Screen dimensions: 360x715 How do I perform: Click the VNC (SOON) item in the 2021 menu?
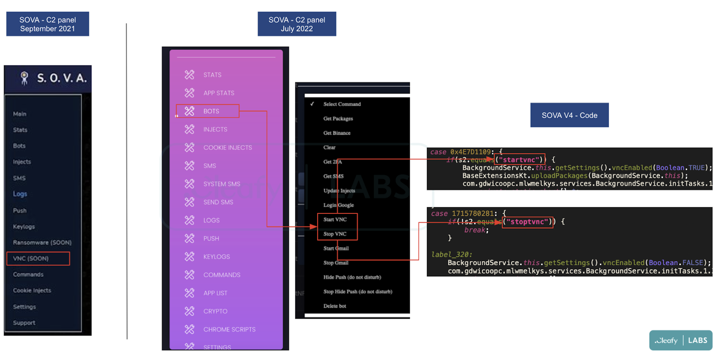pyautogui.click(x=31, y=259)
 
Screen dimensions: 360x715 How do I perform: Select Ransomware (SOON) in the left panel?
pyautogui.click(x=42, y=242)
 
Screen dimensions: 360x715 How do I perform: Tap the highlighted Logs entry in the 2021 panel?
pyautogui.click(x=20, y=194)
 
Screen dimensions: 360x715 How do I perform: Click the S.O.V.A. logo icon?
pyautogui.click(x=25, y=78)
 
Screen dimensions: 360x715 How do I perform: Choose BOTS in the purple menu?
pyautogui.click(x=211, y=111)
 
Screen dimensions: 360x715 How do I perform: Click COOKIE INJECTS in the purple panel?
pyautogui.click(x=227, y=148)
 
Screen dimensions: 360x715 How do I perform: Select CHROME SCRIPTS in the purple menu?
pyautogui.click(x=229, y=329)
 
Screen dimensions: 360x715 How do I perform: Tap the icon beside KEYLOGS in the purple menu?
pyautogui.click(x=189, y=256)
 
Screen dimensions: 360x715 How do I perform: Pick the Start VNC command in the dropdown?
pyautogui.click(x=335, y=220)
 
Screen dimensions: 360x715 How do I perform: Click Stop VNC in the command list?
pyautogui.click(x=335, y=234)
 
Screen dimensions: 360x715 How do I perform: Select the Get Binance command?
pyautogui.click(x=337, y=133)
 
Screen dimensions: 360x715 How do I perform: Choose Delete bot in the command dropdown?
pyautogui.click(x=335, y=306)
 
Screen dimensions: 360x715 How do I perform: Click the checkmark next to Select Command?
pyautogui.click(x=312, y=104)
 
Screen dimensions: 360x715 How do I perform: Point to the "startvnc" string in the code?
pyautogui.click(x=520, y=160)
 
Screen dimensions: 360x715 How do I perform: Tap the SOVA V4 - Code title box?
pyautogui.click(x=569, y=115)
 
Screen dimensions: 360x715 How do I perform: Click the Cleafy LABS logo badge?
pyautogui.click(x=680, y=340)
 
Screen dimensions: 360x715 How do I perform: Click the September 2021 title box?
pyautogui.click(x=47, y=24)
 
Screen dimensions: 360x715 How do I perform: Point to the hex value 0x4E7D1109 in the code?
pyautogui.click(x=470, y=152)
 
